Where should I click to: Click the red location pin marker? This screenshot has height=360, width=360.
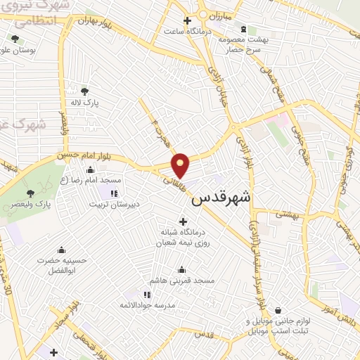click(181, 165)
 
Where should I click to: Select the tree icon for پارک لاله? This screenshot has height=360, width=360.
click(85, 91)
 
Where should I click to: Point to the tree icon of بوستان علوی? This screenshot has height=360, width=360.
click(15, 39)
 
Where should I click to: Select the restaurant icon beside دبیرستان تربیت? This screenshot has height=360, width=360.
click(113, 193)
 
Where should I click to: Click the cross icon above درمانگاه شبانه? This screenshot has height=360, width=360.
click(184, 222)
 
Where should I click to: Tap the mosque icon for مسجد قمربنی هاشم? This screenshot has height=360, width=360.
click(182, 269)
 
